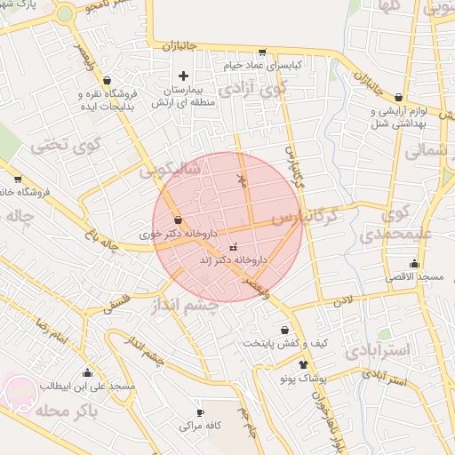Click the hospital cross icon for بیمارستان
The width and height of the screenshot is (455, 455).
183,76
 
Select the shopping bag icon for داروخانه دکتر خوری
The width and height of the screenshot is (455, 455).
179,220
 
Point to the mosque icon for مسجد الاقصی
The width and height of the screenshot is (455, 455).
414,264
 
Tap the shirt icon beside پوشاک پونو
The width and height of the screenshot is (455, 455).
304,364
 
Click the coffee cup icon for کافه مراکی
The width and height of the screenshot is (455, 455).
199,412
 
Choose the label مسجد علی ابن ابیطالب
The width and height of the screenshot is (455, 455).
86,387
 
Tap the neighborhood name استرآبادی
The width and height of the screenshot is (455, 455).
377,350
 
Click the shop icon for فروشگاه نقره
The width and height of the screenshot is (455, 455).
107,80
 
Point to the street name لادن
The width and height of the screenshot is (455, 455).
344,300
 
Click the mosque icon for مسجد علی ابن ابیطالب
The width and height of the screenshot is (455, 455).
87,373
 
